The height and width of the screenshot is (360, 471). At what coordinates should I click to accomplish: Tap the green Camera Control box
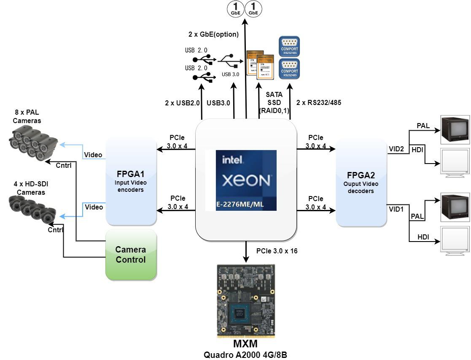(131, 255)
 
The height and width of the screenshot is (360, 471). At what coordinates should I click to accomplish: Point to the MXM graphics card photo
(246, 301)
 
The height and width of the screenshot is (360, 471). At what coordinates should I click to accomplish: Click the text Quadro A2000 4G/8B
(245, 355)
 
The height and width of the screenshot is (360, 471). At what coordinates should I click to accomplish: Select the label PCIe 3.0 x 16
(277, 251)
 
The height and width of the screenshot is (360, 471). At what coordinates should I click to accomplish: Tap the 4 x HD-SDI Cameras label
(28, 188)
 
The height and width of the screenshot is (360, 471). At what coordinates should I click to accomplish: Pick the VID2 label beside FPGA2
(396, 149)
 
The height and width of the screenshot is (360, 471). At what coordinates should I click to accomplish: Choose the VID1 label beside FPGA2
(396, 209)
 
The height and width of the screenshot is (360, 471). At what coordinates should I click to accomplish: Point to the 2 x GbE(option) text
(213, 34)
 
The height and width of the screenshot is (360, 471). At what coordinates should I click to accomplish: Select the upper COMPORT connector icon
(289, 46)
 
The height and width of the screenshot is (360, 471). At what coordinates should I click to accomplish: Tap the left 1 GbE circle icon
(235, 8)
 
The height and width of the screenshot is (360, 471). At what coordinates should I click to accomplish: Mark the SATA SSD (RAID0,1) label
(274, 102)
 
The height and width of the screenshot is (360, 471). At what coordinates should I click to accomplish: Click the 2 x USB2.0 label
(182, 102)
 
